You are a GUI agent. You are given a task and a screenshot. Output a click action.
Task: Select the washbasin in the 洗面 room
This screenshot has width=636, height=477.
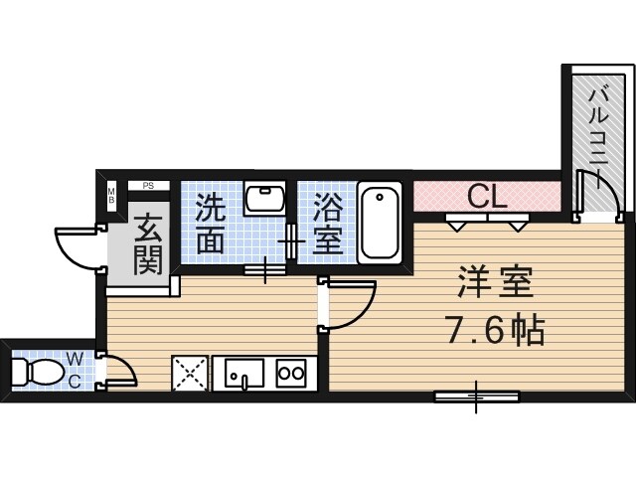coord(263,199)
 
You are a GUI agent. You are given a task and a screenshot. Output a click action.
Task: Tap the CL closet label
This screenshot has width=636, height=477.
coord(487,195)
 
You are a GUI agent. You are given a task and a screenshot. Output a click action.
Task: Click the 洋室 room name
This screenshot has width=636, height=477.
coord(496,284)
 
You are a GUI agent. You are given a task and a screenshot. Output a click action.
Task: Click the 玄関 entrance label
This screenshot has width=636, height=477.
coord(147,243)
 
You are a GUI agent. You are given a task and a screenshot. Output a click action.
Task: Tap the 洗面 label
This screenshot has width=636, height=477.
coord(210,224)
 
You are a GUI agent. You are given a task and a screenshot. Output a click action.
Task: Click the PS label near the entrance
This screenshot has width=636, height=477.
coord(147,185)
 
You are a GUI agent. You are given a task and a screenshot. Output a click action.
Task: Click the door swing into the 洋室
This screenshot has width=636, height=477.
coord(353,304)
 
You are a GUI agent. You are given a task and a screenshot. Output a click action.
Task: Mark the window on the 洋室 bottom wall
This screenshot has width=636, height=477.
coord(477,397)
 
